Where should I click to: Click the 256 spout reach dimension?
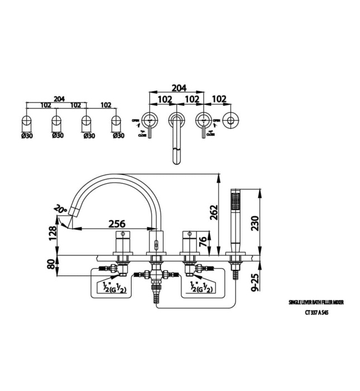pyautogui.click(x=116, y=223)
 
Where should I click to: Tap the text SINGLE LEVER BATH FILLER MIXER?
pyautogui.click(x=316, y=302)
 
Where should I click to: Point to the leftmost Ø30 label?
pyautogui.click(x=26, y=135)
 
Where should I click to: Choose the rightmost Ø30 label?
pyautogui.click(x=118, y=135)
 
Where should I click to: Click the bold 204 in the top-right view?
pyautogui.click(x=178, y=88)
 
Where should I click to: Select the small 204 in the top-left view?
pyautogui.click(x=58, y=99)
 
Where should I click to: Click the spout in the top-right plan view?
pyautogui.click(x=176, y=142)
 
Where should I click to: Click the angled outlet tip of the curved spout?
pyautogui.click(x=73, y=211)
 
